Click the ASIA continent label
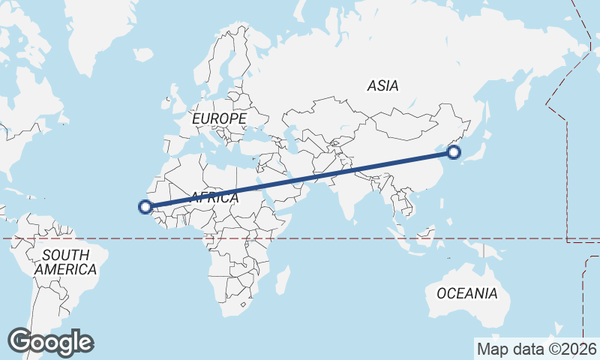pos(382,86)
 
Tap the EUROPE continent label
pos(219,119)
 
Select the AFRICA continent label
pos(214,198)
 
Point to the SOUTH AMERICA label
pos(65,262)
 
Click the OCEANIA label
pos(466,293)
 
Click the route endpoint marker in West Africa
pos(145,207)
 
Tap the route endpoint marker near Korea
pos(454,153)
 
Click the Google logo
pos(50,342)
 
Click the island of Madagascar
pos(283,280)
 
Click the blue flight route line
pos(300,180)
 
